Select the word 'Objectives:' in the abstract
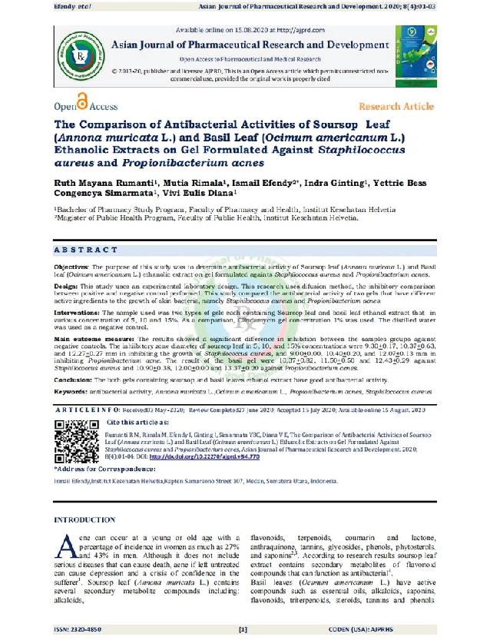coord(71,265)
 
